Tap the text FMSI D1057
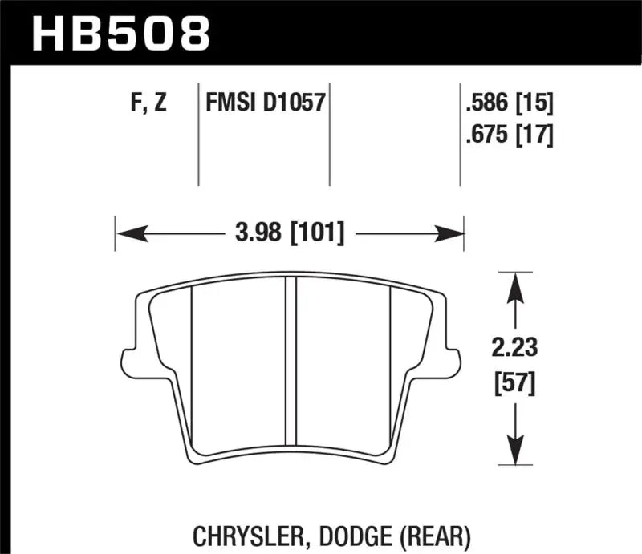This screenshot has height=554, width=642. [264, 103]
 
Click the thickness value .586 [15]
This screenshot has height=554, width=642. [510, 103]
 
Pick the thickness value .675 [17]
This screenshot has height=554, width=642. [510, 135]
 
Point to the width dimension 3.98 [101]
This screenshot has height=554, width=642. [291, 234]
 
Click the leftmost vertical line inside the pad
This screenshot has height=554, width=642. [193, 361]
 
